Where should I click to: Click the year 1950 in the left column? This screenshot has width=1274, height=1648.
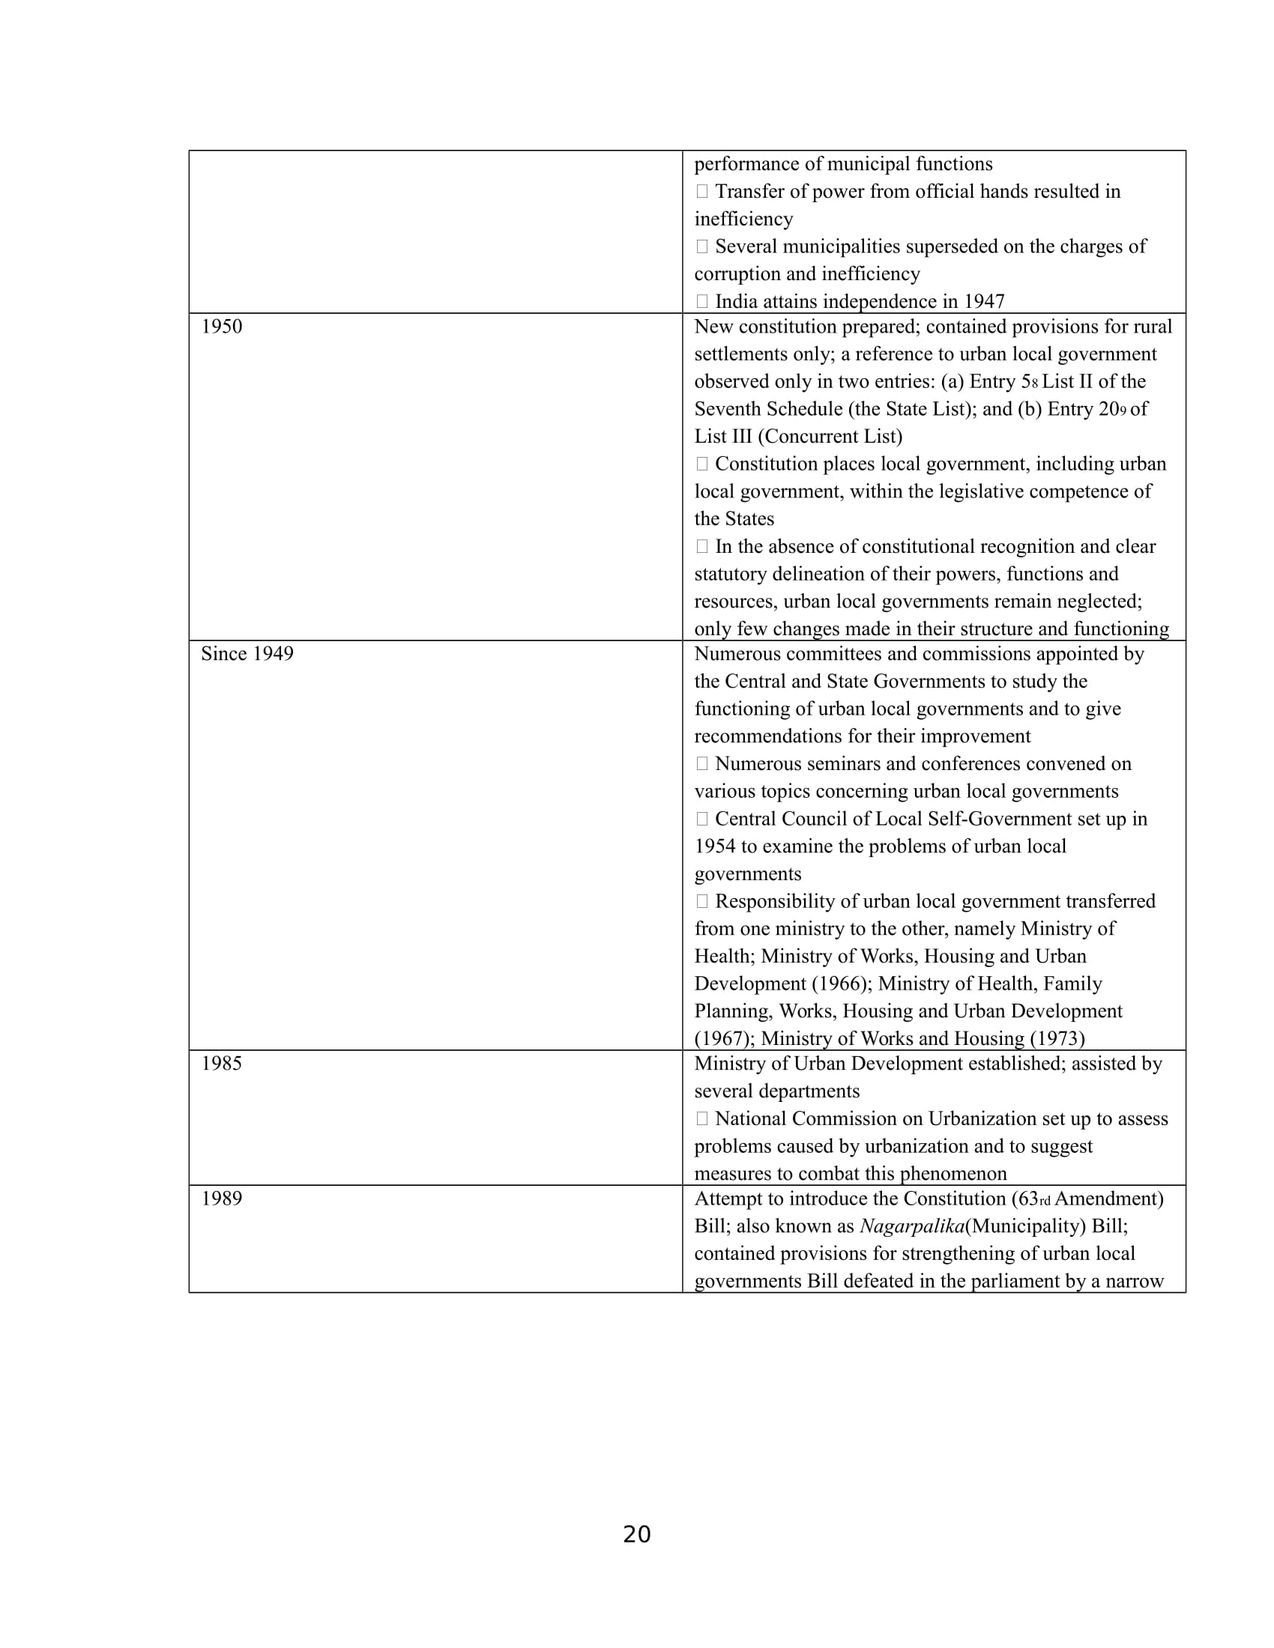[x=221, y=327]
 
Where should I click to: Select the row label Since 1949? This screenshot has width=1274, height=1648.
[x=247, y=654]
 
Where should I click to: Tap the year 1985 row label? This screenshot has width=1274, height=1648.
[x=221, y=1064]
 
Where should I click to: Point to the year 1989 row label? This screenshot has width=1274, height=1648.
[x=221, y=1199]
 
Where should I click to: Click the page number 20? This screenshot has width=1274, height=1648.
[x=636, y=1535]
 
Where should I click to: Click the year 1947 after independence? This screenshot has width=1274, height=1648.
[x=983, y=302]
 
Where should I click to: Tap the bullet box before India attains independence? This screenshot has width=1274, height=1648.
[x=702, y=302]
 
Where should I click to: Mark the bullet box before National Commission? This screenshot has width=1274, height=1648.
[x=702, y=1119]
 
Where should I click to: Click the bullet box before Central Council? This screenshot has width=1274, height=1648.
[x=702, y=820]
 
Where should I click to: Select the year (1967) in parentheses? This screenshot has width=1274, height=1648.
[x=724, y=1039]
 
